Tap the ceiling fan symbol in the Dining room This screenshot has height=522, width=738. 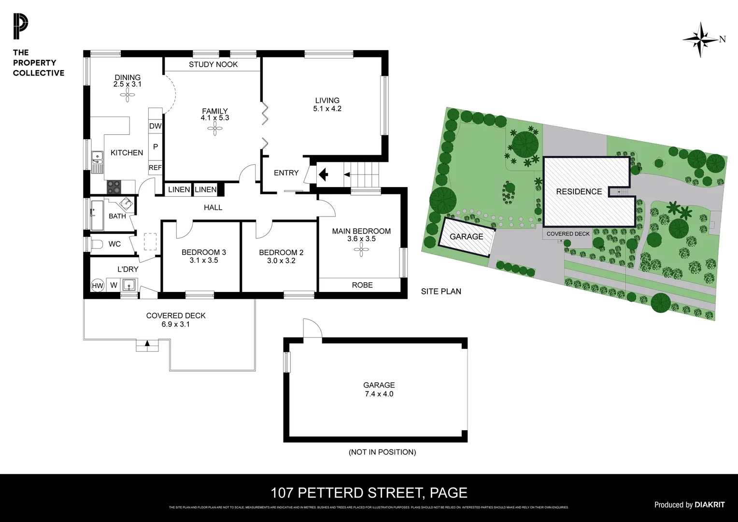click(x=128, y=96)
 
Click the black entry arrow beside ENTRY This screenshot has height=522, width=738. click(x=323, y=174)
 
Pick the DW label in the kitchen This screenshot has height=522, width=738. click(x=155, y=126)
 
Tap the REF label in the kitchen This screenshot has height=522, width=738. click(x=155, y=168)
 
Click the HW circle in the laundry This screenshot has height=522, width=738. click(x=98, y=286)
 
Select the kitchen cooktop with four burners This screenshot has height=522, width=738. click(x=114, y=186)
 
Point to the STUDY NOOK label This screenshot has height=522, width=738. click(x=213, y=64)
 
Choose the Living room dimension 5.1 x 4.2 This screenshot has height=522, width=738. click(x=327, y=109)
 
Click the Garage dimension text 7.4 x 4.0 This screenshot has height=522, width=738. click(x=379, y=394)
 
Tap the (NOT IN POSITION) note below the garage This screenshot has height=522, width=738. click(x=382, y=452)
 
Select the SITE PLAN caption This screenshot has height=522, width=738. click(x=441, y=291)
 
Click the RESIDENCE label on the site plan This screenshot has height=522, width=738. click(x=579, y=192)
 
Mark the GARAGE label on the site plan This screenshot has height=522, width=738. click(x=466, y=237)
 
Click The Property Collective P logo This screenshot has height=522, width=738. click(x=20, y=27)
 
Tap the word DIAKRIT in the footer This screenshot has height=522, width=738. click(x=710, y=505)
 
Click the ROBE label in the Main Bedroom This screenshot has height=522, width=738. click(x=362, y=285)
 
